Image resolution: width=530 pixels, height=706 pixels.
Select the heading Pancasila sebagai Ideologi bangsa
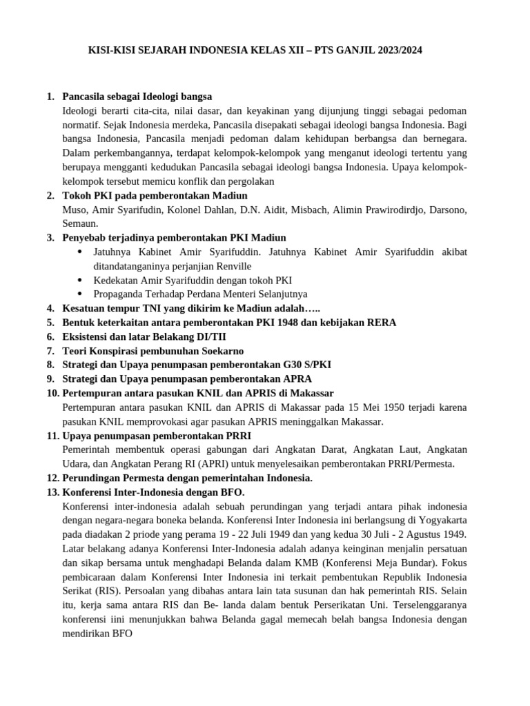point(137,96)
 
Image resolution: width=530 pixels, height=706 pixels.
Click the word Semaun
point(80,223)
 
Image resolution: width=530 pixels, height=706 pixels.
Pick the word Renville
point(231,266)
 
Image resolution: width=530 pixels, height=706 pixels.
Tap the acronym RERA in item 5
point(381,323)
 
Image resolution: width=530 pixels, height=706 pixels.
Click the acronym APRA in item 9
point(297,379)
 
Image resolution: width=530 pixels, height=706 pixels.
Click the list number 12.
point(52,478)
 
